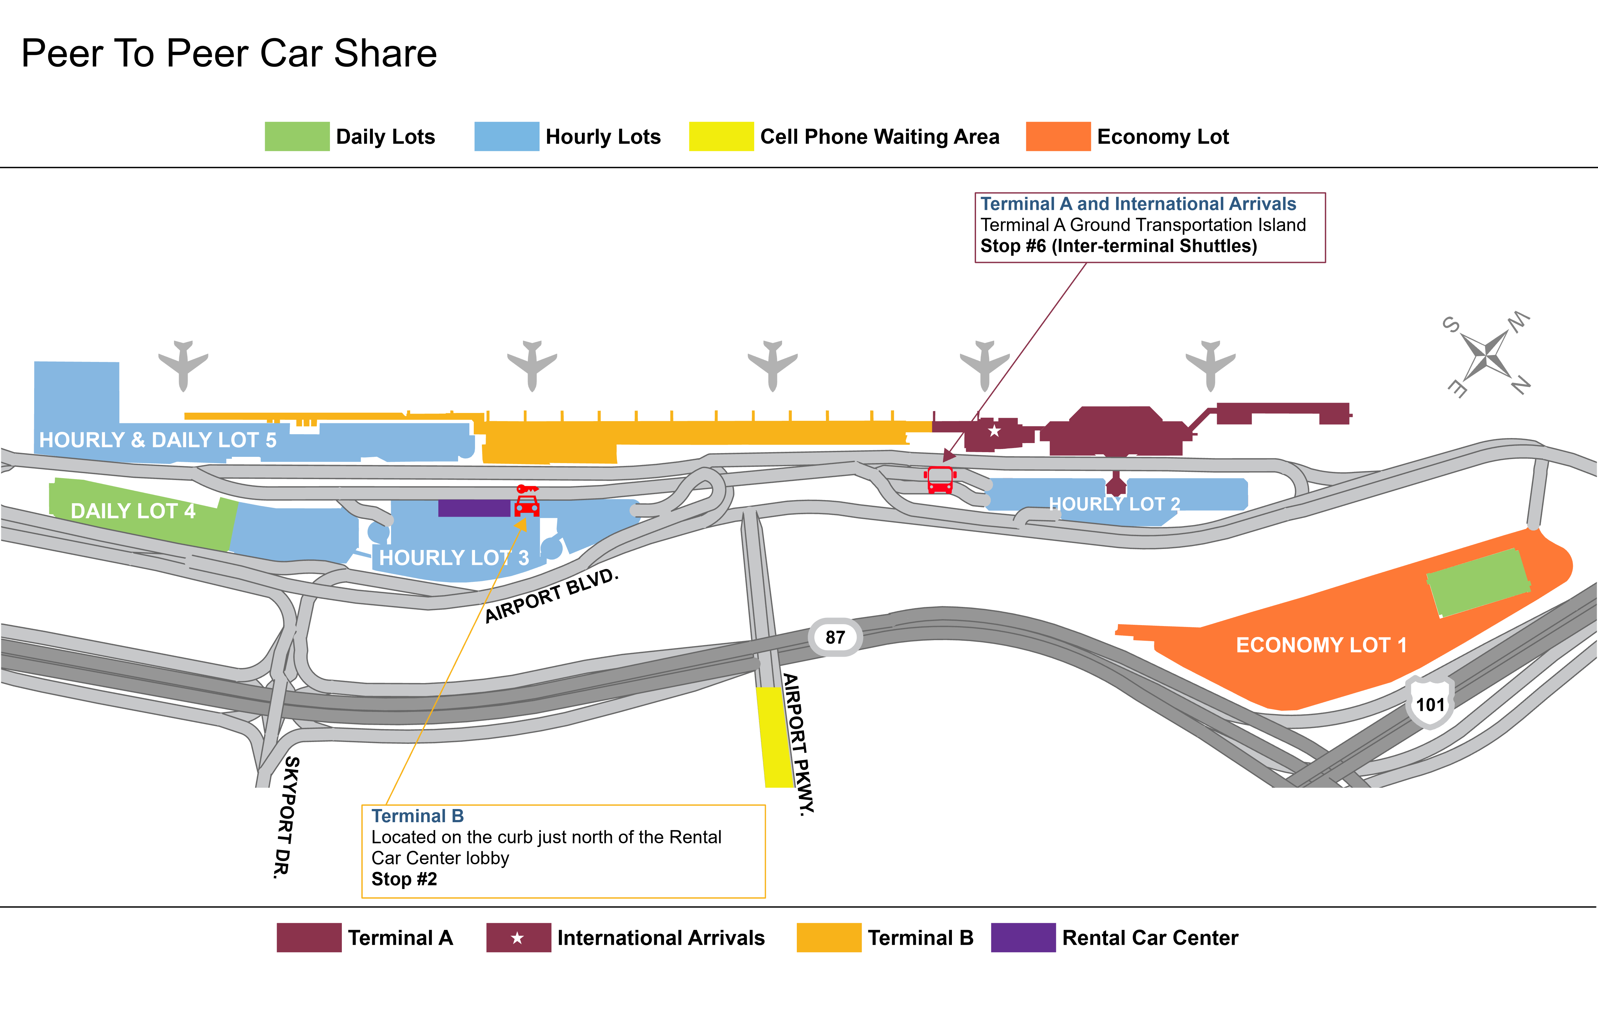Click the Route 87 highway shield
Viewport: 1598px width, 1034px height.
(835, 637)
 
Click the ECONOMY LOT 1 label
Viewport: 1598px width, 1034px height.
(1321, 645)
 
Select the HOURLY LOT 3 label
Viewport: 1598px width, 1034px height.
(454, 557)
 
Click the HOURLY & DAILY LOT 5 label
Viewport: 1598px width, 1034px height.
(158, 440)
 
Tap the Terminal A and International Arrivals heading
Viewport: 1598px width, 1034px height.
(1138, 204)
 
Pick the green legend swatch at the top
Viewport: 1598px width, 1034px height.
(297, 136)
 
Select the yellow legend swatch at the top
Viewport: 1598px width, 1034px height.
(721, 136)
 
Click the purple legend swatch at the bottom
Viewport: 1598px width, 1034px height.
(1023, 937)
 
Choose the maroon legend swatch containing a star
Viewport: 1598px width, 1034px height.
(518, 937)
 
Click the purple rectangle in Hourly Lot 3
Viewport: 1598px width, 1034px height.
(474, 508)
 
